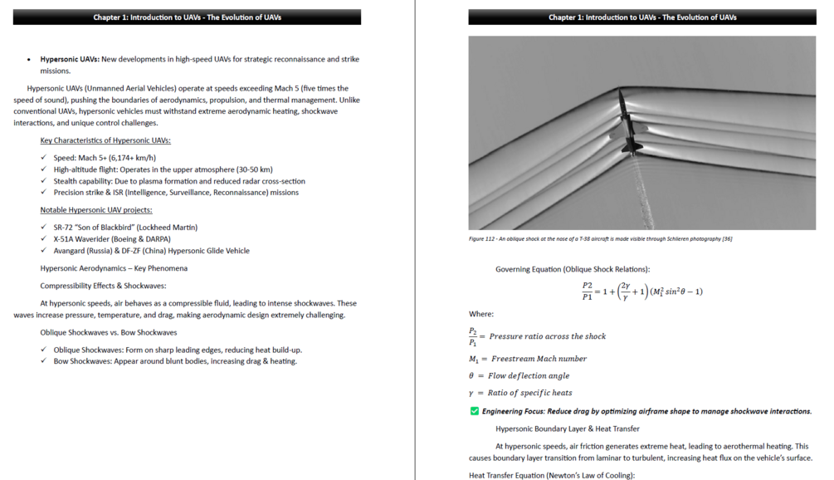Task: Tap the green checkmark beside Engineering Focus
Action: pyautogui.click(x=475, y=411)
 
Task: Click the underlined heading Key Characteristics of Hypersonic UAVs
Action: pyautogui.click(x=105, y=140)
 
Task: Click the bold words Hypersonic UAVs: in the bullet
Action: pyautogui.click(x=70, y=59)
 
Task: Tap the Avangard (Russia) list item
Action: pyautogui.click(x=151, y=250)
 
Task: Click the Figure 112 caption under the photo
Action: pyautogui.click(x=600, y=239)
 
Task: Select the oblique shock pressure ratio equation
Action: pyautogui.click(x=642, y=291)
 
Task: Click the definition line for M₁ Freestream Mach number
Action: pyautogui.click(x=528, y=359)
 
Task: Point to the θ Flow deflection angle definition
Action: pyautogui.click(x=520, y=375)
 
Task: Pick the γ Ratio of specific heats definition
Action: pyautogui.click(x=520, y=393)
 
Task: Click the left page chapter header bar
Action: pyautogui.click(x=187, y=17)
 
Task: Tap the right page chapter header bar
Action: pyautogui.click(x=642, y=17)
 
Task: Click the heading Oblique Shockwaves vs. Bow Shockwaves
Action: pyautogui.click(x=108, y=332)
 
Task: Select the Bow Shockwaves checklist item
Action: pyautogui.click(x=175, y=361)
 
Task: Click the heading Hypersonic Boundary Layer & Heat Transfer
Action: pyautogui.click(x=567, y=429)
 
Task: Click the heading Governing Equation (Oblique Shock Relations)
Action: pyautogui.click(x=573, y=269)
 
